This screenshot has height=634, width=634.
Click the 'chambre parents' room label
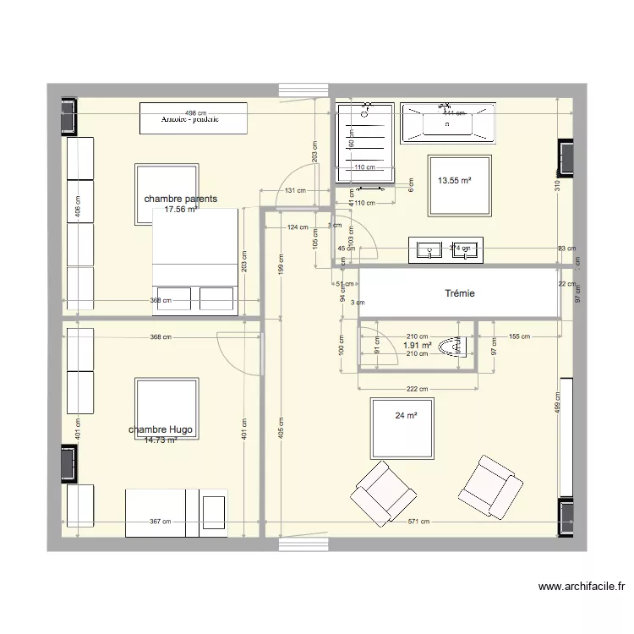pyautogui.click(x=180, y=199)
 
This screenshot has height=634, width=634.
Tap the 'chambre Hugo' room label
pyautogui.click(x=161, y=430)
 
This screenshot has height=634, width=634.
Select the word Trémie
pyautogui.click(x=460, y=293)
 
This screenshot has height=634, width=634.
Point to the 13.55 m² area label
pyautogui.click(x=454, y=180)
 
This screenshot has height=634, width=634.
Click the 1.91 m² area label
pyautogui.click(x=418, y=345)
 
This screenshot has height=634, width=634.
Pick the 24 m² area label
pyautogui.click(x=406, y=415)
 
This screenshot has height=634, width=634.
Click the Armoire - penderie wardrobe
pyautogui.click(x=194, y=118)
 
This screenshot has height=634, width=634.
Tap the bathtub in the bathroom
pyautogui.click(x=448, y=123)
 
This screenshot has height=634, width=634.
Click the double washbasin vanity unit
pyautogui.click(x=445, y=249)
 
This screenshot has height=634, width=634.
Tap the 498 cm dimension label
pyautogui.click(x=195, y=112)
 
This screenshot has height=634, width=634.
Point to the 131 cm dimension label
pyautogui.click(x=295, y=190)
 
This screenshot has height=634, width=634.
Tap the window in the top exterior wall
pyautogui.click(x=303, y=89)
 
